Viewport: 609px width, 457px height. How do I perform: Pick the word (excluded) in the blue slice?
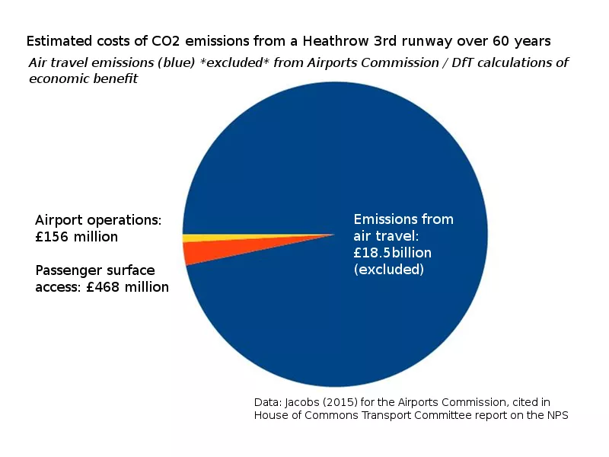(388, 270)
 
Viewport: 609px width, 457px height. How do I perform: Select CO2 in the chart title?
(158, 40)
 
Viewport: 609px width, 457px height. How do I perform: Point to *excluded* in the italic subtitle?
(259, 63)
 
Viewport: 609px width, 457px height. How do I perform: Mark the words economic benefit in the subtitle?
(83, 79)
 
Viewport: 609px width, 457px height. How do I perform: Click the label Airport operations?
(98, 220)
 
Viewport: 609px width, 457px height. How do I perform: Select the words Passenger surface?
(95, 270)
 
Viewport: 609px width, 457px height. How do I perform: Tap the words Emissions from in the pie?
(403, 219)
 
